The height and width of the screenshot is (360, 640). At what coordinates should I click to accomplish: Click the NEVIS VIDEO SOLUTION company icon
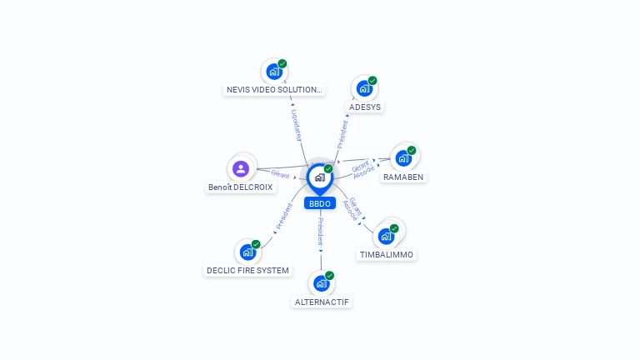pyautogui.click(x=273, y=71)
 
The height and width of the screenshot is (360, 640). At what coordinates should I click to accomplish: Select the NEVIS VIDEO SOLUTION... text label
pyautogui.click(x=273, y=89)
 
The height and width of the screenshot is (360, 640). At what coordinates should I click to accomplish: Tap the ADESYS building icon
pyautogui.click(x=364, y=87)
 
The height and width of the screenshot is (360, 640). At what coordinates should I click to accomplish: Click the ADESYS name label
pyautogui.click(x=366, y=107)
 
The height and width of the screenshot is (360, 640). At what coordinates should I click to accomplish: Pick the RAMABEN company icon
pyautogui.click(x=403, y=157)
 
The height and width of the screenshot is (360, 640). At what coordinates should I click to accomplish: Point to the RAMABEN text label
pyautogui.click(x=403, y=177)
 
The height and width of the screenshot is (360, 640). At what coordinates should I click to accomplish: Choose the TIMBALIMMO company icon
pyautogui.click(x=387, y=235)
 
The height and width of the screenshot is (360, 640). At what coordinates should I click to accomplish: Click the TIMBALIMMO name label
pyautogui.click(x=387, y=254)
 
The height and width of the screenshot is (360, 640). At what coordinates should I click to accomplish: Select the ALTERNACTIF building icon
pyautogui.click(x=322, y=282)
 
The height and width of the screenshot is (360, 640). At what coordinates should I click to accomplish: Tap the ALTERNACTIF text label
pyautogui.click(x=322, y=302)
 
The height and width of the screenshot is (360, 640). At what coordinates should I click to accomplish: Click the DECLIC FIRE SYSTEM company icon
pyautogui.click(x=247, y=251)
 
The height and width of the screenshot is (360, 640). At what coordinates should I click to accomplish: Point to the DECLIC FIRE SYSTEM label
pyautogui.click(x=248, y=270)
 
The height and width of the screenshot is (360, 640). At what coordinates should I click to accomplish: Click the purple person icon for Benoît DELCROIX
pyautogui.click(x=241, y=168)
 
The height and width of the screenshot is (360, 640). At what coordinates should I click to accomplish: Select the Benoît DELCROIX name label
pyautogui.click(x=241, y=187)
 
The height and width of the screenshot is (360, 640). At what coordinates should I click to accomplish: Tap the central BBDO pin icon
pyautogui.click(x=319, y=177)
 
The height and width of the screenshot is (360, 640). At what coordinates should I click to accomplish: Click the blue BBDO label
pyautogui.click(x=319, y=203)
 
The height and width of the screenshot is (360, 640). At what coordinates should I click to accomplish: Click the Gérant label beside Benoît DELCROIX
pyautogui.click(x=280, y=175)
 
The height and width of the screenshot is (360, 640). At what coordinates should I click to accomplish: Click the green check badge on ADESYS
pyautogui.click(x=372, y=81)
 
